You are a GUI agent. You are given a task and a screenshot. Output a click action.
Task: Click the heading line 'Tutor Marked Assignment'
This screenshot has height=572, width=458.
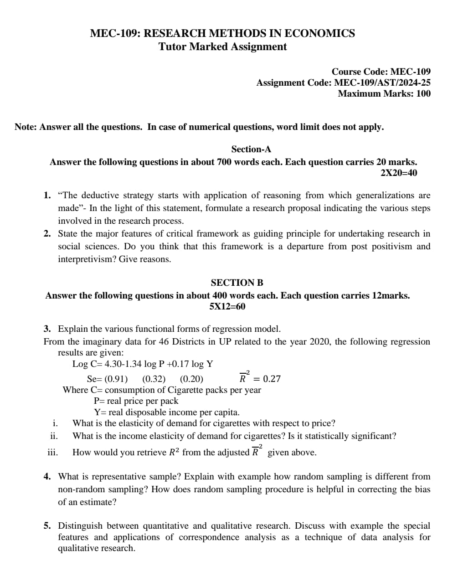[x=222, y=46]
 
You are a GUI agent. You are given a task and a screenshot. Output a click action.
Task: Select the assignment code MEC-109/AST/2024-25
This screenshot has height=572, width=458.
[x=382, y=82]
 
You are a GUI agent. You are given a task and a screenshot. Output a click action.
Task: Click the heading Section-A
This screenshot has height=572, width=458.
[x=251, y=149]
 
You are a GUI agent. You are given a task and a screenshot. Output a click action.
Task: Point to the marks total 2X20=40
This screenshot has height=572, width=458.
[x=398, y=173]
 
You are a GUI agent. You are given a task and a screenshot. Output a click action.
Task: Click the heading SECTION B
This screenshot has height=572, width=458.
[x=237, y=283]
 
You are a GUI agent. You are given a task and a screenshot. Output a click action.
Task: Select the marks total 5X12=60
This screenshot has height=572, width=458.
[x=227, y=306]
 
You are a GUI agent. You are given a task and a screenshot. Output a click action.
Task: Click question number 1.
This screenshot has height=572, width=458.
[x=47, y=196]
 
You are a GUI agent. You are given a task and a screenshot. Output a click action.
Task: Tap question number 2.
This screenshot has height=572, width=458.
[x=47, y=234]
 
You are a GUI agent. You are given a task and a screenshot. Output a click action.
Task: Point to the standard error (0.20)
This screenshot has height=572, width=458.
[x=191, y=379]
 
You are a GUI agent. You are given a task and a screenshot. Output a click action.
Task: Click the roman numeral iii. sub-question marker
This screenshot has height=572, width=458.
[x=52, y=453]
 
